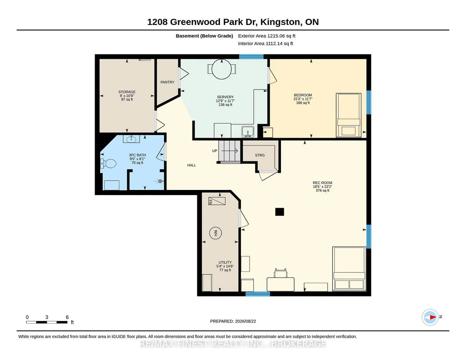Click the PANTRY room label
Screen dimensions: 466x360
(x=167, y=82)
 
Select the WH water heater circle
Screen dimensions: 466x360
(x=215, y=233)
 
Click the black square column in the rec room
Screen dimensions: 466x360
(x=279, y=212)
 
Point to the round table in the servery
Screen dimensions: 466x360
(x=222, y=69)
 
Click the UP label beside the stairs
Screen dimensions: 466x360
(x=215, y=151)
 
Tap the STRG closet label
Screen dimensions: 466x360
(x=260, y=155)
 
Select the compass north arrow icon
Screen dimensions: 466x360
(x=430, y=317)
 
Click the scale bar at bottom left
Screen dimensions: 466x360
(x=47, y=322)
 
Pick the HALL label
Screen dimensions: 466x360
(x=192, y=165)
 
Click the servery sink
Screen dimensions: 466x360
(x=247, y=132)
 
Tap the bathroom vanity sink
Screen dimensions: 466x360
(x=131, y=139)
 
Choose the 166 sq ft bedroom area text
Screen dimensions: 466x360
(x=303, y=103)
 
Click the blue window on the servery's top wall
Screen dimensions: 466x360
(x=251, y=56)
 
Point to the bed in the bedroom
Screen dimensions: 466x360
(x=349, y=115)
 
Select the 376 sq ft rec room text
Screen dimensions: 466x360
(x=322, y=190)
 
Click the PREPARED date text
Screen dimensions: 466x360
(x=233, y=321)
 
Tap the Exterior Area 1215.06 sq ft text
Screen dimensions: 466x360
(x=266, y=36)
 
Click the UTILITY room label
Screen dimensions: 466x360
(x=225, y=262)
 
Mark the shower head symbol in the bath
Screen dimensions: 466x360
(x=160, y=180)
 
